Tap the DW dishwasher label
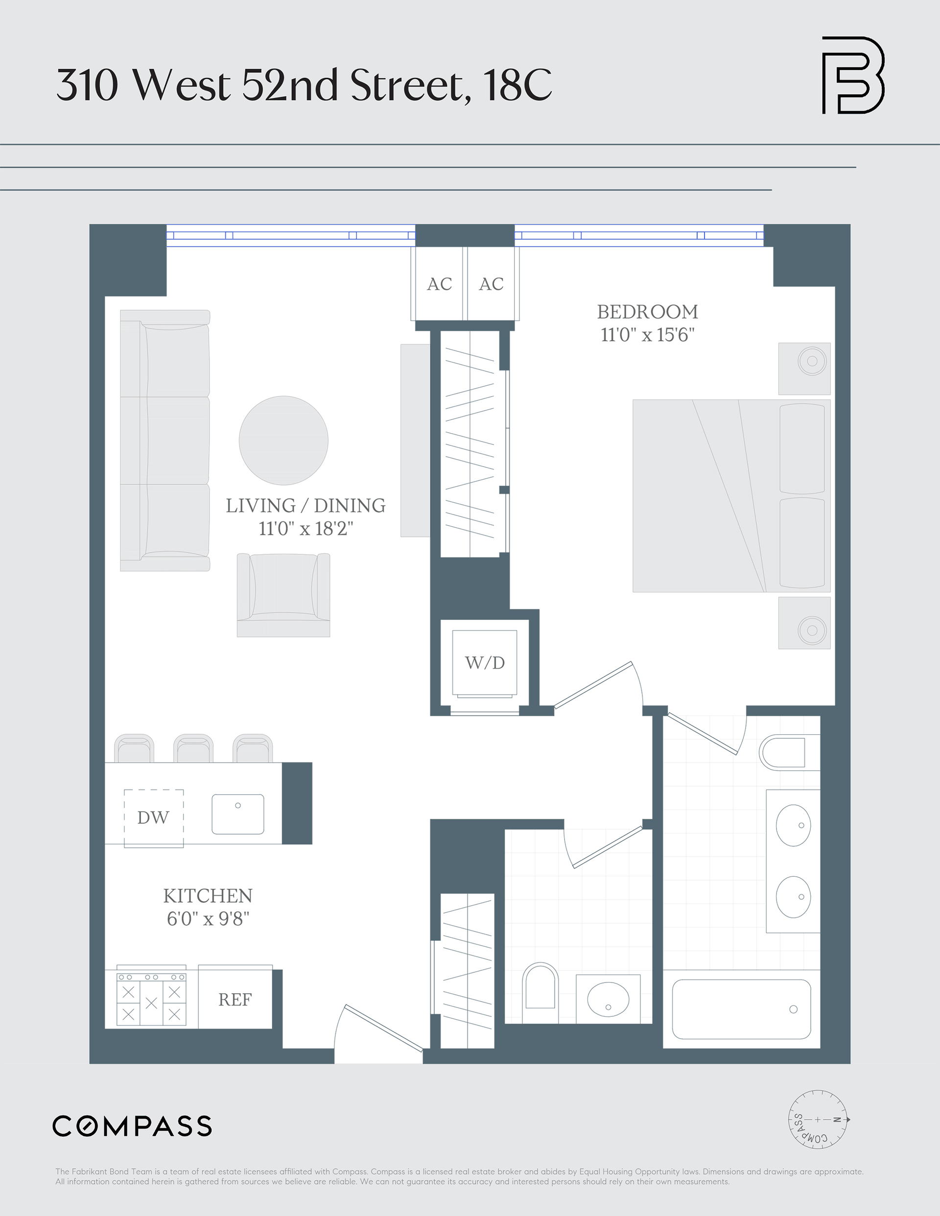point(153,818)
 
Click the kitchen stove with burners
point(151,998)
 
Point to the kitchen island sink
point(238,814)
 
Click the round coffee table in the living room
point(283,441)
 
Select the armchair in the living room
point(283,595)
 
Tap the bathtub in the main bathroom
point(741,1009)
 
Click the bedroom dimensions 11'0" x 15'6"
point(647,335)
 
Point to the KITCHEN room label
point(208,896)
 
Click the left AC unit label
point(439,284)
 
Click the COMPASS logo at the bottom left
point(133,1126)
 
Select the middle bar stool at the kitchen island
point(193,748)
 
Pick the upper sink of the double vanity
point(793,825)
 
